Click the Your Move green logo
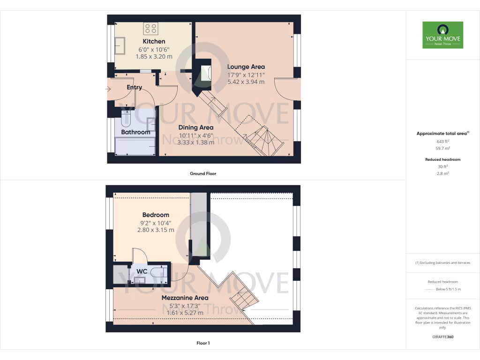point(442,35)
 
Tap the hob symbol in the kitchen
point(151,28)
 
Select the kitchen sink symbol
point(119,45)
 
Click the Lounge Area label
point(246,67)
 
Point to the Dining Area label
point(196,127)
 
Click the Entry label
point(134,87)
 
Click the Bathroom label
point(135,132)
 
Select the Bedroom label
point(156,215)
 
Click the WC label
point(142,271)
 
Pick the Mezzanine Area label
point(185,298)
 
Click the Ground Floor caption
point(202,173)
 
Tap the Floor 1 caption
point(202,343)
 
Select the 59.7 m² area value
point(442,148)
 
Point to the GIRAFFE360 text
point(442,337)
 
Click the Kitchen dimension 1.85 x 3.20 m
point(154,56)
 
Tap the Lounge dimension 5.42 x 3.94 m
point(246,82)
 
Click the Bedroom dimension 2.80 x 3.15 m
point(156,230)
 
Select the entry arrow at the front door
point(109,89)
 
